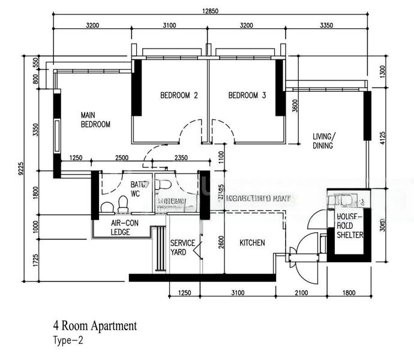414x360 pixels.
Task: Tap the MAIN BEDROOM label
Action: click(x=96, y=119)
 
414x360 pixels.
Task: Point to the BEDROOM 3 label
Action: click(x=247, y=95)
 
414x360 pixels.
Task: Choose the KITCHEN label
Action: click(x=252, y=243)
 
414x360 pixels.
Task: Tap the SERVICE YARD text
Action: click(x=182, y=247)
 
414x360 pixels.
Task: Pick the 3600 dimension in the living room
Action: click(x=295, y=106)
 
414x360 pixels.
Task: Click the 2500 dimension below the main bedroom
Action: click(x=121, y=158)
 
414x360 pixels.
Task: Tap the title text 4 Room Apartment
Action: click(x=95, y=326)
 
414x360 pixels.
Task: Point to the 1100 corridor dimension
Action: click(x=221, y=158)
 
